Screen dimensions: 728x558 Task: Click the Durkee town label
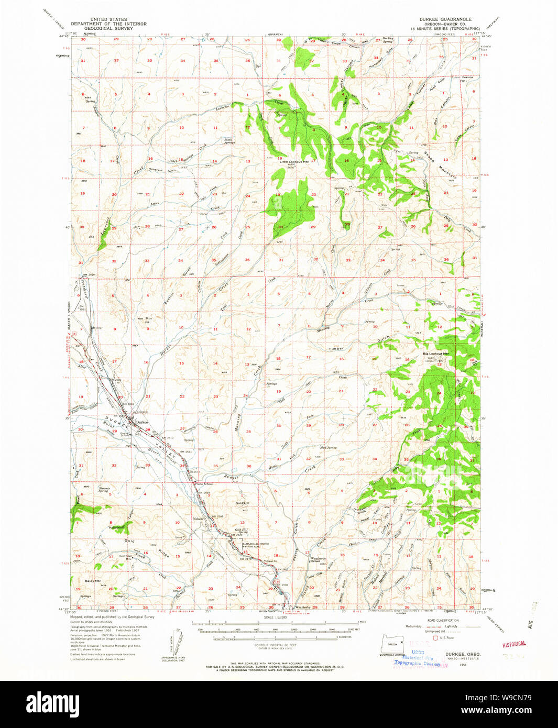coord(141,422)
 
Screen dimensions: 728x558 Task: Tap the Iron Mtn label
coord(144,318)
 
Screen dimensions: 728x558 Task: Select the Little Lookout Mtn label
coord(294,162)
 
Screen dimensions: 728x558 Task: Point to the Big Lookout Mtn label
coord(436,354)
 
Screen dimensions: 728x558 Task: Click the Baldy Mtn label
coord(93,581)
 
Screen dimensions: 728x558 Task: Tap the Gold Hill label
coord(243,503)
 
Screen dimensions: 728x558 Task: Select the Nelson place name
coord(198,519)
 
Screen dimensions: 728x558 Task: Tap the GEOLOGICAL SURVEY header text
coord(108,28)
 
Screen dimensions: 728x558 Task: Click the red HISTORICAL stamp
coord(513,644)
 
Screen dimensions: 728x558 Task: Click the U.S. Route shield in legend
coord(435,637)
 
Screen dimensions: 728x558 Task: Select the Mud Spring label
coord(328,448)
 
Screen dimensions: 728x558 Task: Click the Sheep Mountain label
coord(440,166)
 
